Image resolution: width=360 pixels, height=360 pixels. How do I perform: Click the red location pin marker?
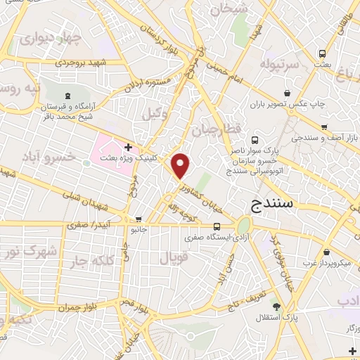coord(181,165)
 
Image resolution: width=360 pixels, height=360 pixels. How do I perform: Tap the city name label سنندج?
coord(276,205)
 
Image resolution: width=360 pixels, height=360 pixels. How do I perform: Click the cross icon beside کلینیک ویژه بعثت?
coord(128,147)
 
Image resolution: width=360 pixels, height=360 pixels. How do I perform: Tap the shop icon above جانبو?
coord(139,219)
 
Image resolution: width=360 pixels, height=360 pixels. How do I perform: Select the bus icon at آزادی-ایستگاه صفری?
coord(216,226)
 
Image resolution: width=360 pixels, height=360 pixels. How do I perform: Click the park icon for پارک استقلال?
coord(276,307)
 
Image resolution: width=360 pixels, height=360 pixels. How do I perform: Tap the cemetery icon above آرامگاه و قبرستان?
coord(67,96)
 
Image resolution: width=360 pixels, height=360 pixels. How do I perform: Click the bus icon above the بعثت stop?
coord(322,53)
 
